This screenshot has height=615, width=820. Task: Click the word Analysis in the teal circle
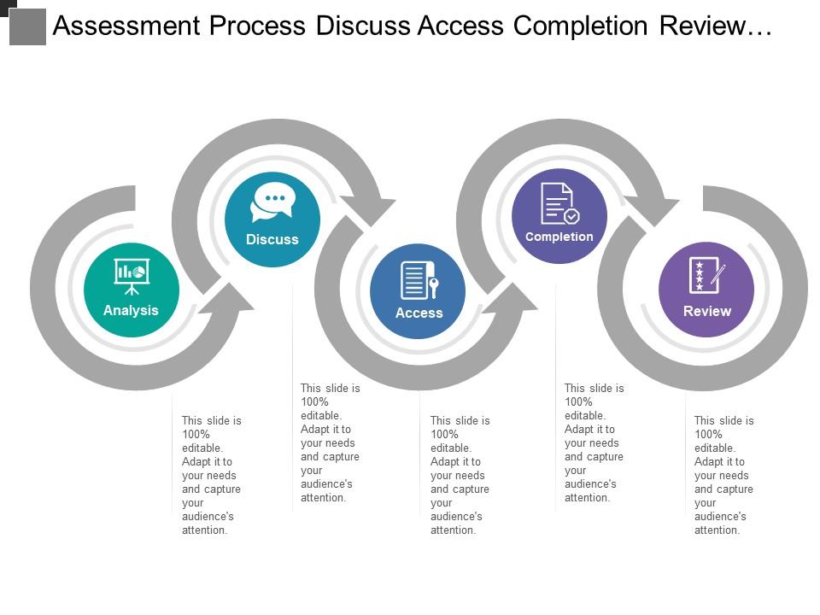pyautogui.click(x=131, y=311)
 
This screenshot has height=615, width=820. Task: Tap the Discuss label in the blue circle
pyautogui.click(x=272, y=240)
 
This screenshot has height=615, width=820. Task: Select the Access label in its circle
pyautogui.click(x=419, y=313)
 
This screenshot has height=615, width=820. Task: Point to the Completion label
pyautogui.click(x=559, y=237)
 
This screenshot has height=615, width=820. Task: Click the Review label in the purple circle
pyautogui.click(x=706, y=312)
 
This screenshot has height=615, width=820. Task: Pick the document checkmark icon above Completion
pyautogui.click(x=559, y=203)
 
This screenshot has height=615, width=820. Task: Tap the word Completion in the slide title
pyautogui.click(x=586, y=26)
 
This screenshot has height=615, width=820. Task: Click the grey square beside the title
pyautogui.click(x=27, y=27)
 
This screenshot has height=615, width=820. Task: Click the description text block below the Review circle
pyautogui.click(x=723, y=475)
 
